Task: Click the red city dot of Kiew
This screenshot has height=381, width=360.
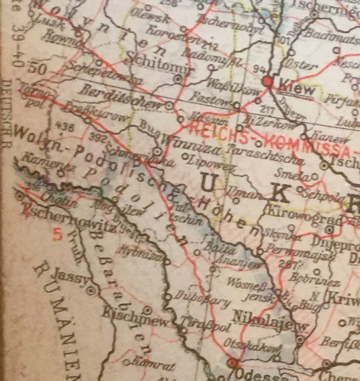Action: tap(267, 81)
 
